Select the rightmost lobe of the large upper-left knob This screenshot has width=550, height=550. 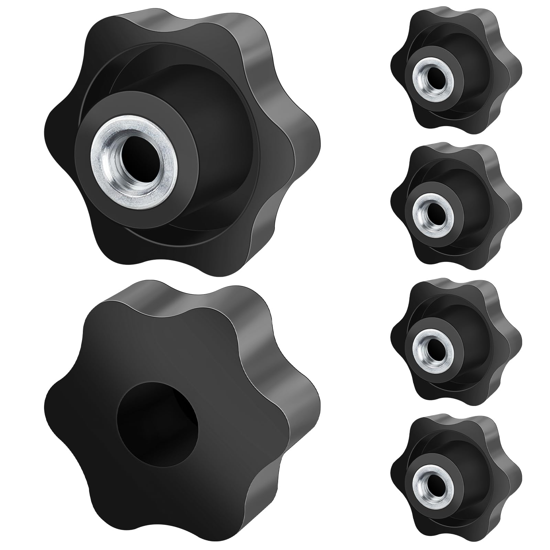(306, 144)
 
